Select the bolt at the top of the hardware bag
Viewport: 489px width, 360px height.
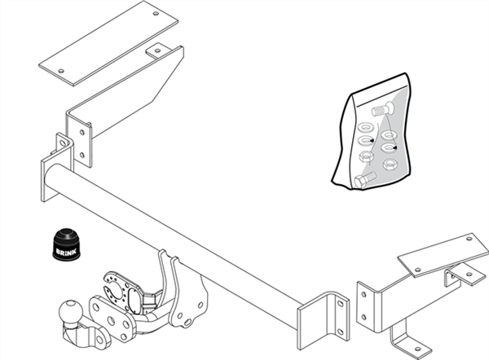(381, 109)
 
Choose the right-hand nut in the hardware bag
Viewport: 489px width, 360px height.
(390, 147)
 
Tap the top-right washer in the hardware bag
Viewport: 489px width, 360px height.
(388, 133)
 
